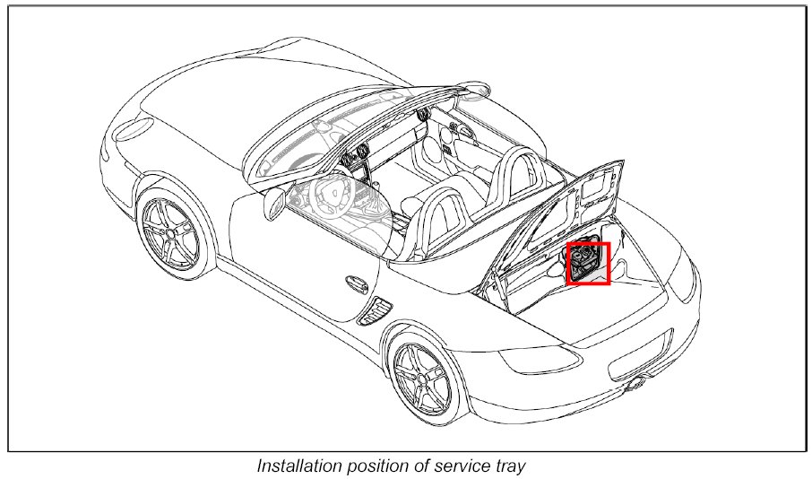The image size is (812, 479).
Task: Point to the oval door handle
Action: point(356,284)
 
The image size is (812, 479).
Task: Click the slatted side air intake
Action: point(374,309)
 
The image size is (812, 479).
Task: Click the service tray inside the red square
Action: point(587,263)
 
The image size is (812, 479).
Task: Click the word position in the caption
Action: point(380,466)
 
